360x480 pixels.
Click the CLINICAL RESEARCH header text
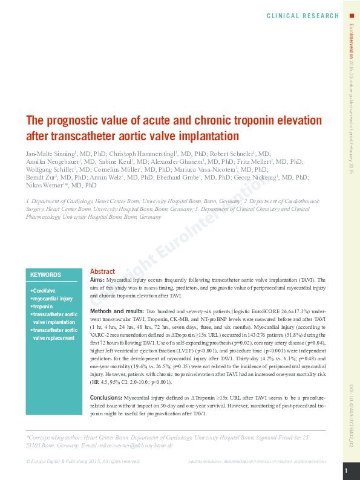(x=303, y=16)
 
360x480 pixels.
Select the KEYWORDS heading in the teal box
(x=46, y=274)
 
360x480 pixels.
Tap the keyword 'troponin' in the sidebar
(x=42, y=306)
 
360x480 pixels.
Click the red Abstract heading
(x=102, y=271)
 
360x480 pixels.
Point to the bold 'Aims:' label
(x=97, y=281)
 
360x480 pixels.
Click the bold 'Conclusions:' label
(x=106, y=398)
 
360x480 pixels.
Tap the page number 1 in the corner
(x=346, y=470)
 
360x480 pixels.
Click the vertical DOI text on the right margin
(x=352, y=417)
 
